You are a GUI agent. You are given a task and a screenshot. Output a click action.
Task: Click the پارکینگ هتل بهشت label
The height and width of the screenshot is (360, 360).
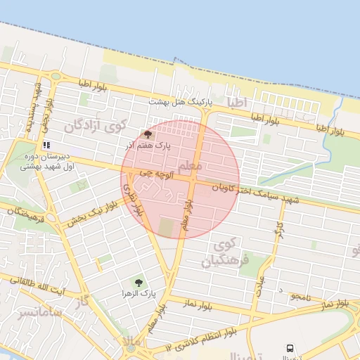(x=179, y=103)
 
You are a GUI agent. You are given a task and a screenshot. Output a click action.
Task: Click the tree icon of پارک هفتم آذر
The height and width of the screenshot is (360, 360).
(x=147, y=134)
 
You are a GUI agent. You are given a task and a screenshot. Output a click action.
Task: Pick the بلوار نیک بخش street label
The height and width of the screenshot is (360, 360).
(x=91, y=213)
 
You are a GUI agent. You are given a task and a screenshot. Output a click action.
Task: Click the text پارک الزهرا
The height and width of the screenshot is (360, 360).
(x=138, y=293)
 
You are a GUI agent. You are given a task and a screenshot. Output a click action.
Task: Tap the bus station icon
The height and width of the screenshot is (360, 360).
(x=290, y=347)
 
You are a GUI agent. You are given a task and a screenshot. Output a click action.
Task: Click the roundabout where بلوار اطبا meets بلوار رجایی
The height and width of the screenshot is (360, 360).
(x=55, y=76)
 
